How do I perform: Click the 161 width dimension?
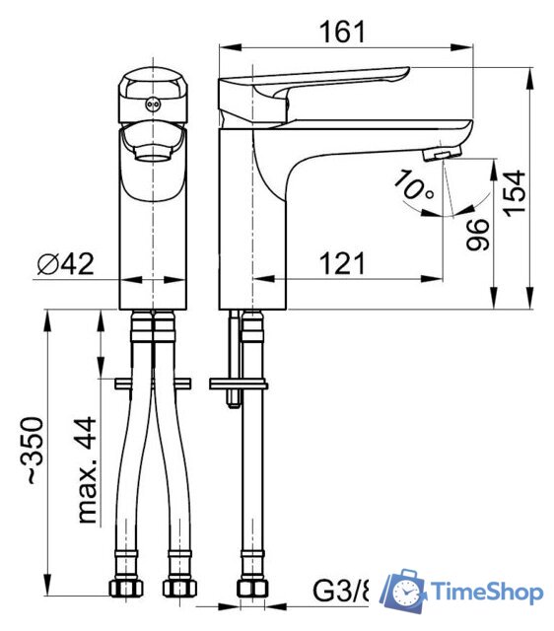341,32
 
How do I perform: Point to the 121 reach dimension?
341,263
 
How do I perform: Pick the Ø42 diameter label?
66,263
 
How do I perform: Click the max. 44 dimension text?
89,468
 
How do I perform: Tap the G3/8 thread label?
341,592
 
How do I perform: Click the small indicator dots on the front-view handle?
151,103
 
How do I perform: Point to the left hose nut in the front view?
122,590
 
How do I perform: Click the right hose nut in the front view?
178,590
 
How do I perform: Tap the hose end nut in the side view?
250,590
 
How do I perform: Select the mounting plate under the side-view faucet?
238,383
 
